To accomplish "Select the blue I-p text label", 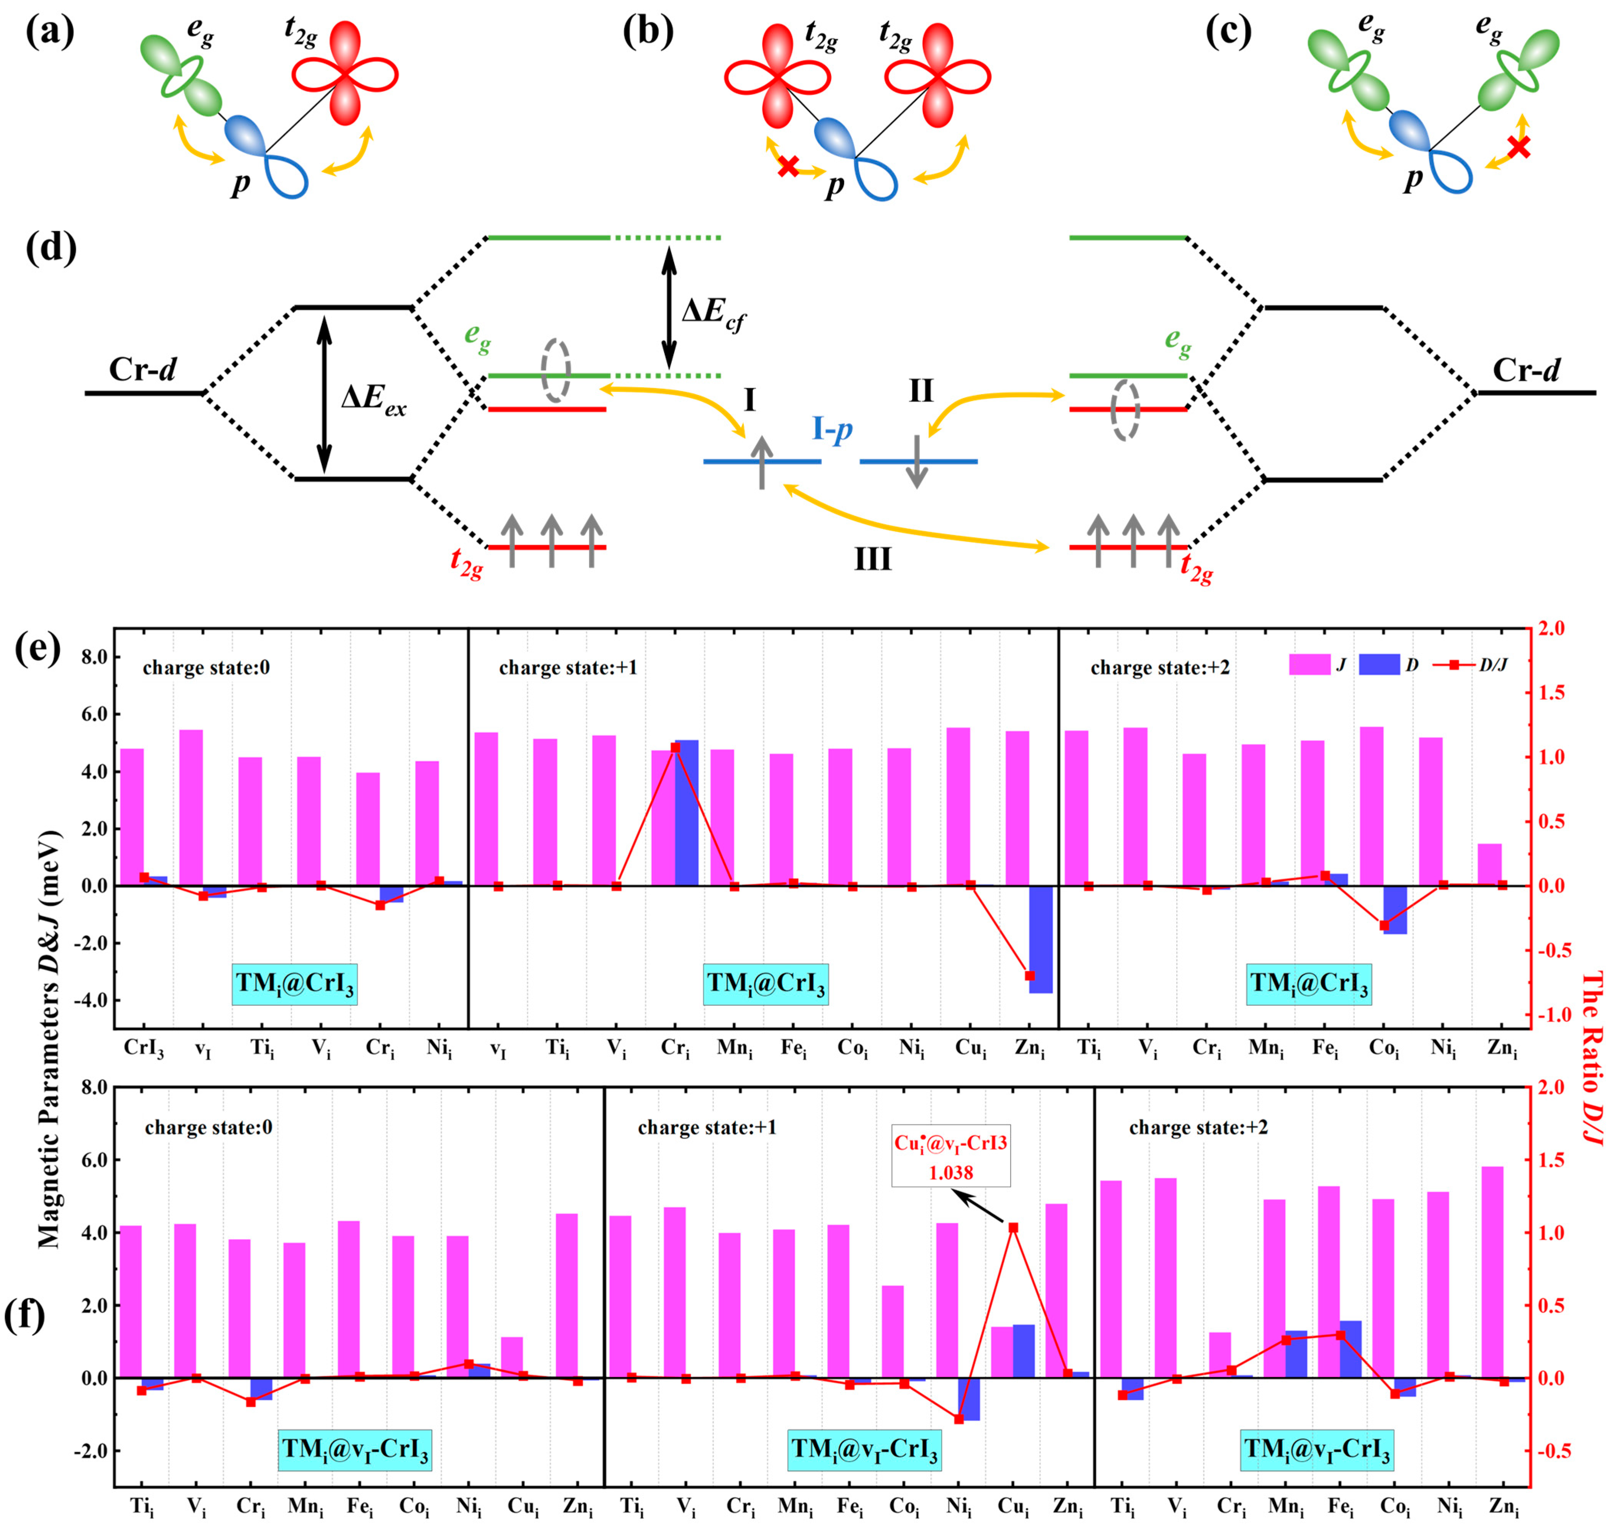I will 832,428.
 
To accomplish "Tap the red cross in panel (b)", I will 787,167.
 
